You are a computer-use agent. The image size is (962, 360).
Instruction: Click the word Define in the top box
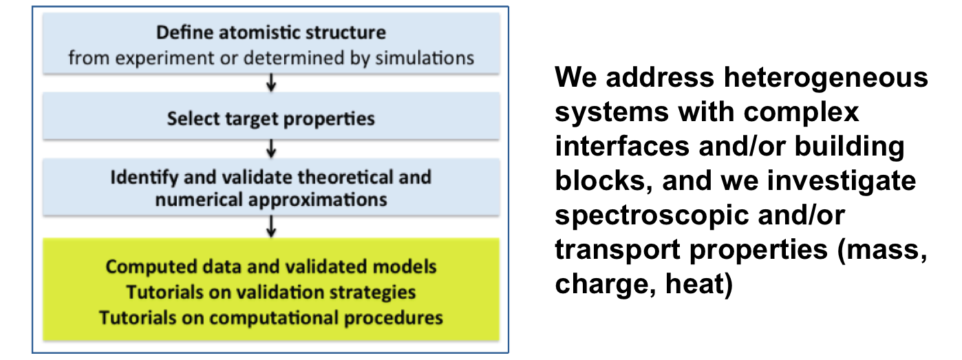click(x=184, y=32)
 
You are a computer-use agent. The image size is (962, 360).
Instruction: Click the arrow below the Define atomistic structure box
click(x=271, y=83)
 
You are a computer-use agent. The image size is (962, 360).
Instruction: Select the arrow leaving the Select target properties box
click(x=271, y=148)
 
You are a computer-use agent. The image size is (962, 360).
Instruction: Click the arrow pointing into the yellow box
click(x=271, y=226)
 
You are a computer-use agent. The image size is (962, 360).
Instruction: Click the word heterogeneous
click(x=826, y=78)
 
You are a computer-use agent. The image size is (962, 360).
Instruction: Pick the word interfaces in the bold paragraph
click(x=623, y=146)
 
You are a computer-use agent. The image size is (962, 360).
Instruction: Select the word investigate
click(x=842, y=181)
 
